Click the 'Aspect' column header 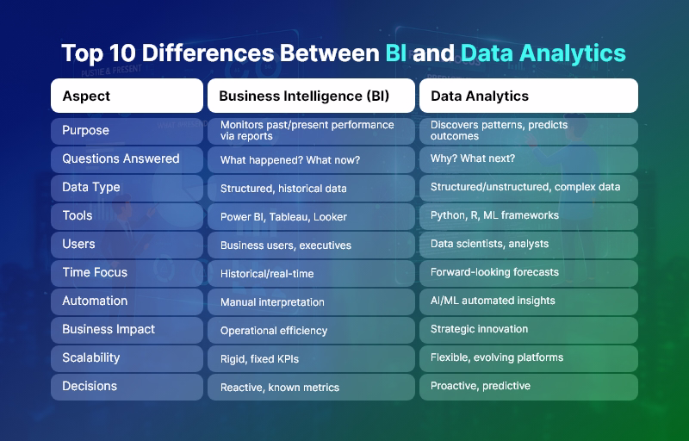pos(86,96)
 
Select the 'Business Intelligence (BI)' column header pos(304,96)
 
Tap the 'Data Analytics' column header pos(480,96)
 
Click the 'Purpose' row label pos(85,130)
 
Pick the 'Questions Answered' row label pos(121,158)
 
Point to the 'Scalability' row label pos(90,357)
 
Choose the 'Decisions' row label pos(90,386)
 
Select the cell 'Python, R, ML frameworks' pos(494,215)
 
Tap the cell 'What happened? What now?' pos(289,160)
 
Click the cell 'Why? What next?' pos(473,159)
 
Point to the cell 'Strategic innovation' pos(479,329)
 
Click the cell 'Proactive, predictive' pos(480,386)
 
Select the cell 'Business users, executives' pos(286,245)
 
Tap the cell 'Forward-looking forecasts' pos(494,272)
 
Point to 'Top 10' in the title pos(94,53)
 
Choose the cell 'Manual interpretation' pos(272,302)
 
